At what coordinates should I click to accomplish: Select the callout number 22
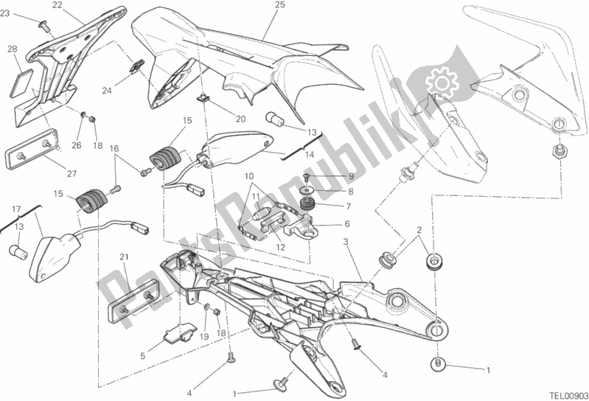click(x=57, y=6)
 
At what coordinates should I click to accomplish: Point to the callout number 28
click(x=12, y=49)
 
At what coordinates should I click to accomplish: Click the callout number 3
click(x=345, y=241)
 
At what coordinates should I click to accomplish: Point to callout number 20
click(x=240, y=119)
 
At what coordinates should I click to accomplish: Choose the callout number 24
click(x=107, y=91)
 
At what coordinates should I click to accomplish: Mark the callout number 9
click(x=352, y=177)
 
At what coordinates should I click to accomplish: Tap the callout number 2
click(x=418, y=231)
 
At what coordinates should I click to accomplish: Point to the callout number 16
click(x=114, y=149)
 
